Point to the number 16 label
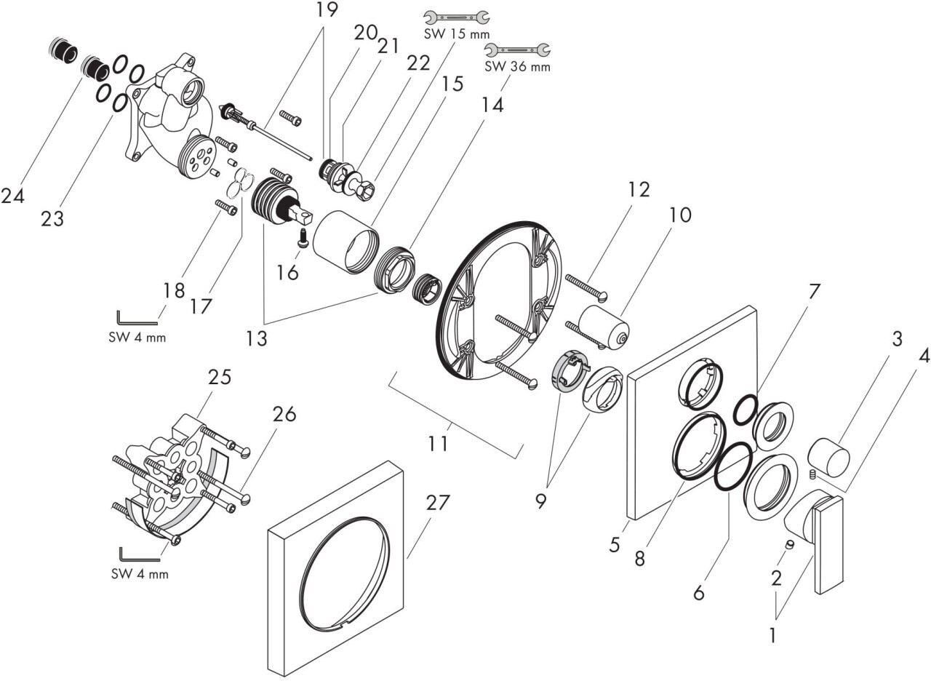point(288,273)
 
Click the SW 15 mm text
point(456,33)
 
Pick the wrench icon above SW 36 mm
point(518,49)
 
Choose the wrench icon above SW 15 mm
point(456,16)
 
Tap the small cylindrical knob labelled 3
point(829,456)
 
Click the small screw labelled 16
point(303,236)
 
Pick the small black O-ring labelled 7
point(745,410)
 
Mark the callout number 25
point(220,378)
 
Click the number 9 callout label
point(540,502)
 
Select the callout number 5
point(615,543)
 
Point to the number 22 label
point(417,64)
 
